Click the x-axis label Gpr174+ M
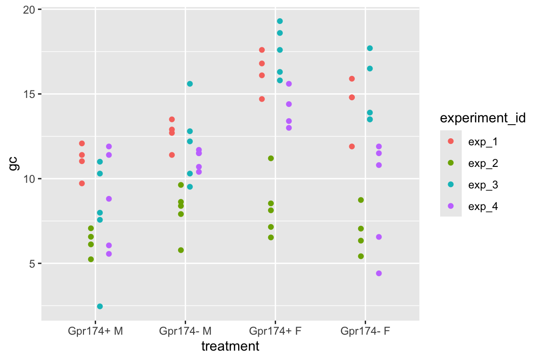(x=96, y=331)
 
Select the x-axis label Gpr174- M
(x=186, y=331)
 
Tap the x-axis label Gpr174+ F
(x=276, y=331)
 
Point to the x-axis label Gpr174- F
(x=365, y=331)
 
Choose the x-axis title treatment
(x=230, y=346)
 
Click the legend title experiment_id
(x=482, y=119)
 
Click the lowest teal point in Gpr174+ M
(x=100, y=307)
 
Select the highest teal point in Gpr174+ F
(x=280, y=21)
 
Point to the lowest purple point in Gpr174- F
(x=379, y=273)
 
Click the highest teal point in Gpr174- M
(x=190, y=84)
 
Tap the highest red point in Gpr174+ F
(x=262, y=50)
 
